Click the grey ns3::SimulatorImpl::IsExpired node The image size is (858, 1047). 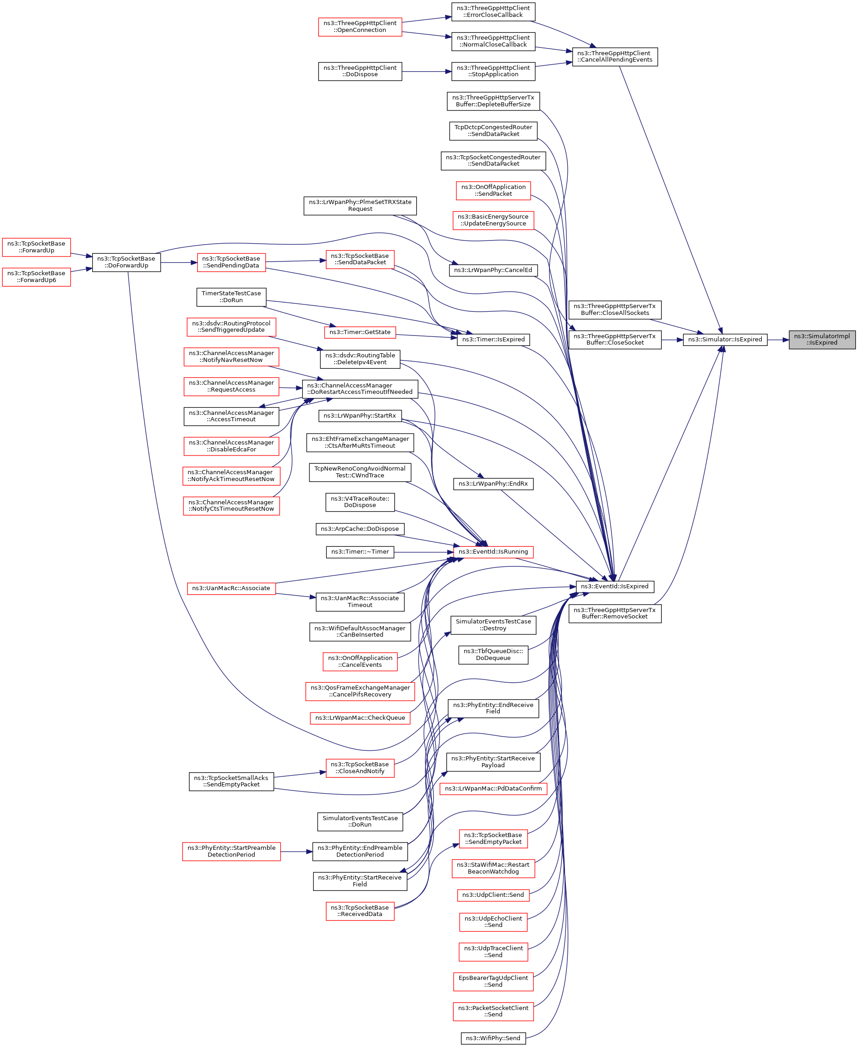(x=821, y=339)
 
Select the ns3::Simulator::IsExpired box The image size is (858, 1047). (x=725, y=339)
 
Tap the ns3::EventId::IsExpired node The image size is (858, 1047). (x=614, y=586)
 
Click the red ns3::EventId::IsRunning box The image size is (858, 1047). (x=493, y=552)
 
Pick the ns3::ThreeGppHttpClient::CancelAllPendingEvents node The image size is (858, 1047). (x=614, y=56)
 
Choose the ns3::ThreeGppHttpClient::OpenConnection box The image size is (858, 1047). (x=360, y=26)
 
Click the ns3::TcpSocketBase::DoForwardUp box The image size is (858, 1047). (x=126, y=262)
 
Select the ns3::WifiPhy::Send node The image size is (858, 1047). (x=493, y=1038)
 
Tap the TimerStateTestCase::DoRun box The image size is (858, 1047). (x=231, y=297)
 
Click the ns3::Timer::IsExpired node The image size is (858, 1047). (x=493, y=339)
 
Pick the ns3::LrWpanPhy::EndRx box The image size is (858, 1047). (x=493, y=483)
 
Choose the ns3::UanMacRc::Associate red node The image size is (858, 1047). (x=231, y=588)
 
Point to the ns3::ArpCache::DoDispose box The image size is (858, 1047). (x=360, y=529)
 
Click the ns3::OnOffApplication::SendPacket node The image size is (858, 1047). (x=493, y=190)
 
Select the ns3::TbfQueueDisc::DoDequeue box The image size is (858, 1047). (x=493, y=654)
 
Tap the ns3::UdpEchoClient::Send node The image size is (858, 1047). (x=493, y=921)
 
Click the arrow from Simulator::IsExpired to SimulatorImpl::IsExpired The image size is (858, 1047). (x=778, y=340)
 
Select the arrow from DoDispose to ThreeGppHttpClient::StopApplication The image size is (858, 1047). (x=426, y=72)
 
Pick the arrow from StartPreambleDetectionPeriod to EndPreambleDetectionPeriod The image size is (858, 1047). (x=296, y=851)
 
